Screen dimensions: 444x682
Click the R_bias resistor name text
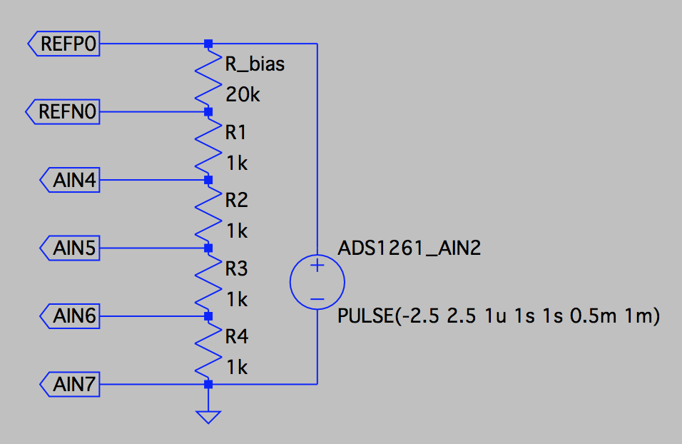tap(255, 64)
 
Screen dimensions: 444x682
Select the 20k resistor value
tap(243, 94)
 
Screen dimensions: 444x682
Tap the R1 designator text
tap(236, 132)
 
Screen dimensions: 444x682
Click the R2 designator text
tap(236, 201)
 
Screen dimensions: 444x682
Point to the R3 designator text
tap(236, 268)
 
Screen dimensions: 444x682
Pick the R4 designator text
tap(236, 336)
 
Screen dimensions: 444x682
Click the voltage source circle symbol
tap(317, 283)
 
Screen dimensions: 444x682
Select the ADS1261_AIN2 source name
tap(409, 248)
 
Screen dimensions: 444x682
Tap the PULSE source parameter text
tap(497, 316)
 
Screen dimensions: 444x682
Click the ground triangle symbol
tap(208, 416)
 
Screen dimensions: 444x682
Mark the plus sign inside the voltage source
tap(317, 267)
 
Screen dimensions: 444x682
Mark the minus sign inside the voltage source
tap(317, 298)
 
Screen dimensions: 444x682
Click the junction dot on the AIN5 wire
tap(208, 248)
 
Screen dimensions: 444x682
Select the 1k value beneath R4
tap(236, 368)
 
